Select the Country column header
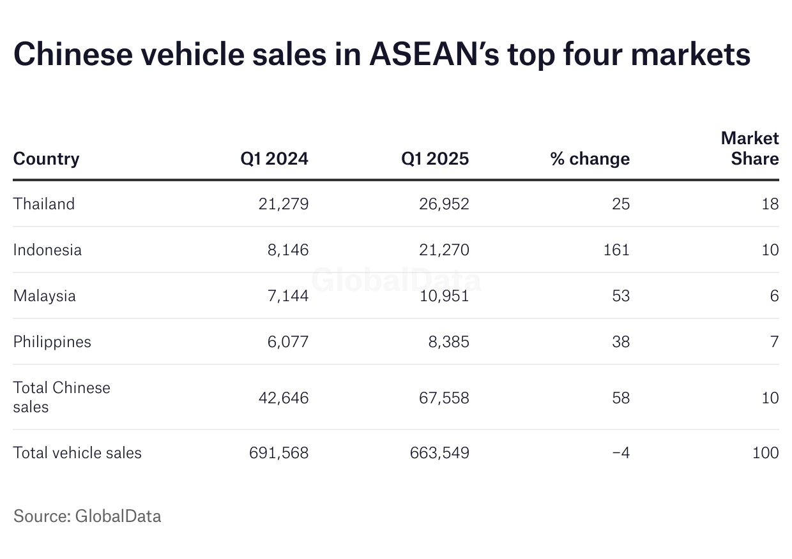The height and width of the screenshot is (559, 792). pyautogui.click(x=46, y=159)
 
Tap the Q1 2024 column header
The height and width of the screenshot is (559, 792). pyautogui.click(x=274, y=159)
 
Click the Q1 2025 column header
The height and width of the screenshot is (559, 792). pyautogui.click(x=435, y=159)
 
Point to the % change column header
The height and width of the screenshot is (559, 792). pyautogui.click(x=590, y=159)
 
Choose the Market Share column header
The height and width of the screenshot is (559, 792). pyautogui.click(x=750, y=149)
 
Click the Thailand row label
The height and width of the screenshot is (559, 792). pyautogui.click(x=44, y=204)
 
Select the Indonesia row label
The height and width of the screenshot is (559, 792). pyautogui.click(x=47, y=250)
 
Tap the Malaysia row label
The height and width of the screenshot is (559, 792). pyautogui.click(x=45, y=296)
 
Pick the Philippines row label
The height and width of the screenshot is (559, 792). pyautogui.click(x=52, y=342)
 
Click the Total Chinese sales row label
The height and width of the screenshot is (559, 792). pyautogui.click(x=61, y=397)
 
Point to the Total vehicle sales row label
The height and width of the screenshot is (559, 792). pyautogui.click(x=77, y=453)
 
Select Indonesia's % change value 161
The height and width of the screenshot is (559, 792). pyautogui.click(x=617, y=250)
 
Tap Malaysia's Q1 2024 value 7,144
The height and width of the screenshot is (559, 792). pyautogui.click(x=287, y=296)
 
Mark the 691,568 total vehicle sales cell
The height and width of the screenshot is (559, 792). pyautogui.click(x=279, y=453)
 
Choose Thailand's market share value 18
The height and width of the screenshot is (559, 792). pyautogui.click(x=770, y=204)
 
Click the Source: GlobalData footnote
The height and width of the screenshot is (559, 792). pyautogui.click(x=87, y=516)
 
